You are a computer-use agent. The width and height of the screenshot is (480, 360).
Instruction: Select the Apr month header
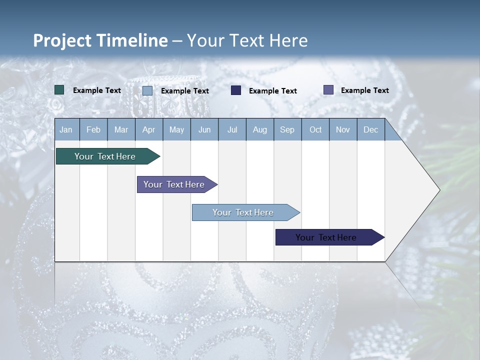149,129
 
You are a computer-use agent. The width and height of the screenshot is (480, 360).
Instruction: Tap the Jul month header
232,129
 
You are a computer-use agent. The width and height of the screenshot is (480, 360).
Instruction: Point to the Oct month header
315,129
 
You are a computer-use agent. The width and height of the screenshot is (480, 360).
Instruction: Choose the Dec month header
370,129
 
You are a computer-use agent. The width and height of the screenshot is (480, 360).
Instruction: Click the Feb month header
93,129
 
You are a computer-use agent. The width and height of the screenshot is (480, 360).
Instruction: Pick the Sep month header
287,129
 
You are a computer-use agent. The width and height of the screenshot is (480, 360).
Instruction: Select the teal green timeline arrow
108,156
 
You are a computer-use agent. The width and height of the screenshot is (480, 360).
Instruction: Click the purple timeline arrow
177,184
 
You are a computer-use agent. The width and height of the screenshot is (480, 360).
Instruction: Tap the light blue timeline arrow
246,212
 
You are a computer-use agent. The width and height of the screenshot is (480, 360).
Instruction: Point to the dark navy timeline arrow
330,237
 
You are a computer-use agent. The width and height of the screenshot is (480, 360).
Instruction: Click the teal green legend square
59,90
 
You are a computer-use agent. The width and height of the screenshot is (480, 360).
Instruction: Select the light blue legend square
147,90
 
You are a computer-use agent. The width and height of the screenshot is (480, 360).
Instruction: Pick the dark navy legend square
235,90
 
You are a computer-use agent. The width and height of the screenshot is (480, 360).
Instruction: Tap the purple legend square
328,89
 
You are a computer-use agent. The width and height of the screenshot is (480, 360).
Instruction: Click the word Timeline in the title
132,40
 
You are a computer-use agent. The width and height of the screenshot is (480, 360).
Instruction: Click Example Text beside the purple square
365,90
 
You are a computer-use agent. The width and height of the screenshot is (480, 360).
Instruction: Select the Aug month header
260,129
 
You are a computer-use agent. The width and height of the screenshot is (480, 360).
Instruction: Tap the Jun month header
204,129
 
